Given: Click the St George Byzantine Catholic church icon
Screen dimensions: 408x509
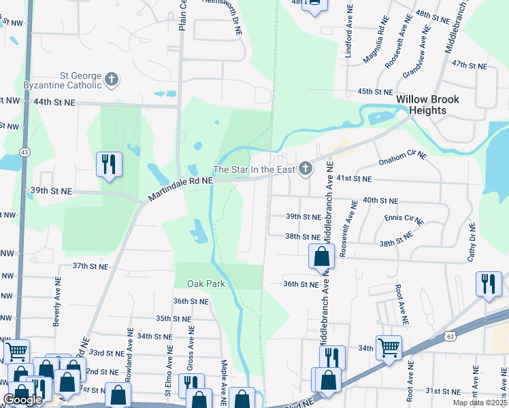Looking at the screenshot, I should [112, 80].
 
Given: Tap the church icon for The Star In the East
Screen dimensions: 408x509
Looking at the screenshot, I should [306, 168].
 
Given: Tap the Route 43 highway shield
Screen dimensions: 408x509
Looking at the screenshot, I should [24, 151].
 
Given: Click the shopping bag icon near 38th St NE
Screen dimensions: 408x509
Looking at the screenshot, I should [321, 257].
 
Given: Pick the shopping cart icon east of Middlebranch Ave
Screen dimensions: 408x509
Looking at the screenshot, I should [389, 347].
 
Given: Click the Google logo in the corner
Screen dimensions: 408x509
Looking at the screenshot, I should [22, 400].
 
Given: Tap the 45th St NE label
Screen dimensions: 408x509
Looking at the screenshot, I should [375, 92].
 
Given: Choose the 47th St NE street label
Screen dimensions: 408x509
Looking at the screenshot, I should [470, 65].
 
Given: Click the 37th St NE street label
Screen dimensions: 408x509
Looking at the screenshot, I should [91, 267].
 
